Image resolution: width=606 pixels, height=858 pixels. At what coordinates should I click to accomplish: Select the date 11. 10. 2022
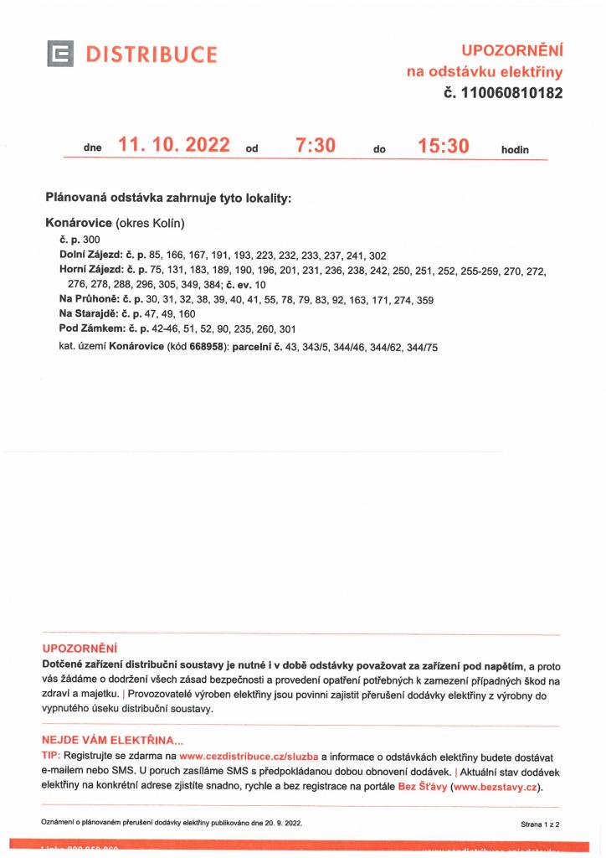point(174,145)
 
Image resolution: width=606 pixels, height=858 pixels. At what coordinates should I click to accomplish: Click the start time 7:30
point(316,145)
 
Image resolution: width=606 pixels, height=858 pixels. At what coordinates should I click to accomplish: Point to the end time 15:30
point(444,145)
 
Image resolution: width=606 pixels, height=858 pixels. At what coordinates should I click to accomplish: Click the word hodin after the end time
point(515,149)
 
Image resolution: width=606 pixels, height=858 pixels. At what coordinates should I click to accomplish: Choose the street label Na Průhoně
point(88,299)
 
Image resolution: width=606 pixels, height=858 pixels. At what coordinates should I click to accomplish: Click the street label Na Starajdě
point(88,314)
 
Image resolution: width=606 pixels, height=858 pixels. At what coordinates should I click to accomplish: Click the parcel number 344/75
point(420,346)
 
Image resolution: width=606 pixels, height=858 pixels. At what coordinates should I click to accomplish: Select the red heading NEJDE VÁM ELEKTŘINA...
point(112,741)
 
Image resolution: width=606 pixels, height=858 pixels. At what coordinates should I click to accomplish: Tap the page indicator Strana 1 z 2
point(540,824)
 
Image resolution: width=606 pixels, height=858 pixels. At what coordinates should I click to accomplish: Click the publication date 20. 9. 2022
point(280,824)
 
